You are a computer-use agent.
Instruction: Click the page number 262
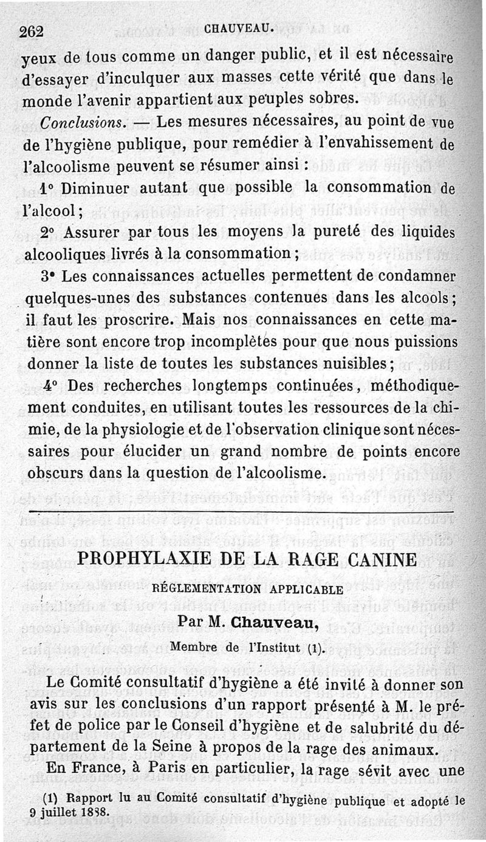[x=32, y=32]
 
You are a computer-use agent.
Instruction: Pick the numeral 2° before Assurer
[x=50, y=233]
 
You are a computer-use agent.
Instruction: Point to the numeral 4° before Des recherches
[x=51, y=387]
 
